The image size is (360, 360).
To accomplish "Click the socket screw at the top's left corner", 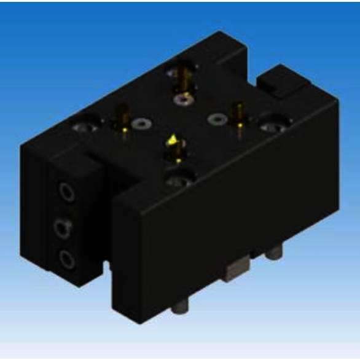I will coord(84,127).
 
